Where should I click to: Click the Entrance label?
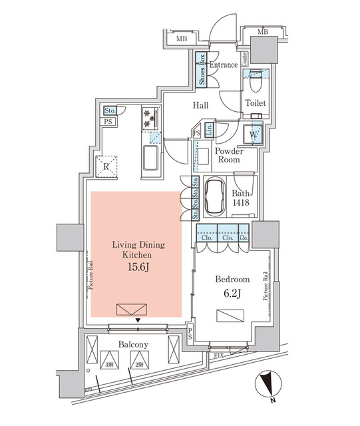(x=224, y=65)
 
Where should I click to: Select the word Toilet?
(x=256, y=103)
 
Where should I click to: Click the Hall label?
(x=201, y=105)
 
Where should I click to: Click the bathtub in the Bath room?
(x=214, y=197)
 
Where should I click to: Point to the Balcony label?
(x=133, y=344)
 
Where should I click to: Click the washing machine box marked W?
(x=254, y=133)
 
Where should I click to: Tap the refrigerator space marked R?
(x=106, y=166)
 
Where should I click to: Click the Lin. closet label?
(x=208, y=130)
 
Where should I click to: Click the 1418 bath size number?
(x=240, y=205)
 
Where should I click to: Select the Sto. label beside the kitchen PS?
(x=110, y=110)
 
